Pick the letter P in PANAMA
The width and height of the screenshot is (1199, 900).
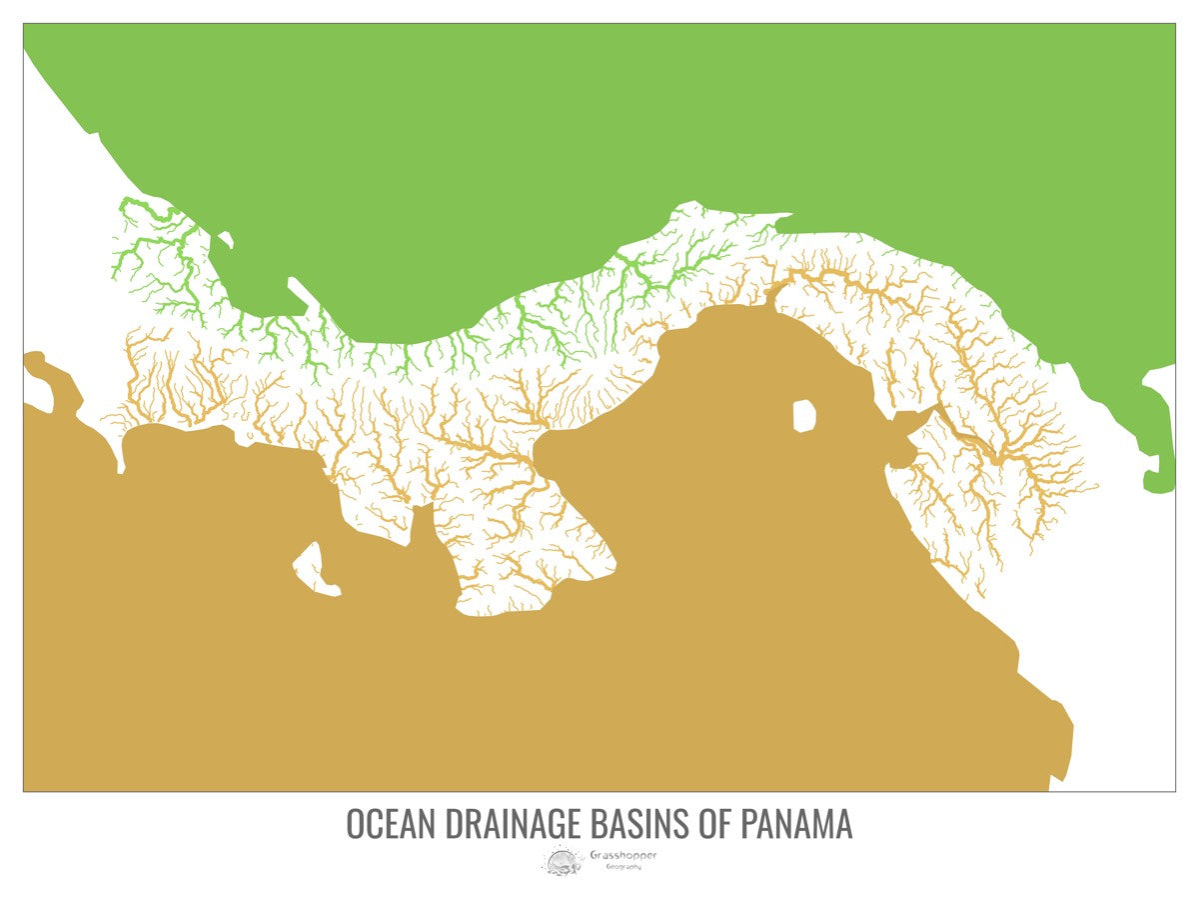750,825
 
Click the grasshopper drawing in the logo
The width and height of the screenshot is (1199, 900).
562,859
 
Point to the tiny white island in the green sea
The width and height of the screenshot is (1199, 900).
225,239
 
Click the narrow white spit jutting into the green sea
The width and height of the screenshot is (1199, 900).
298,290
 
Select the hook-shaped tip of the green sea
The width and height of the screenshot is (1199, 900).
1159,470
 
